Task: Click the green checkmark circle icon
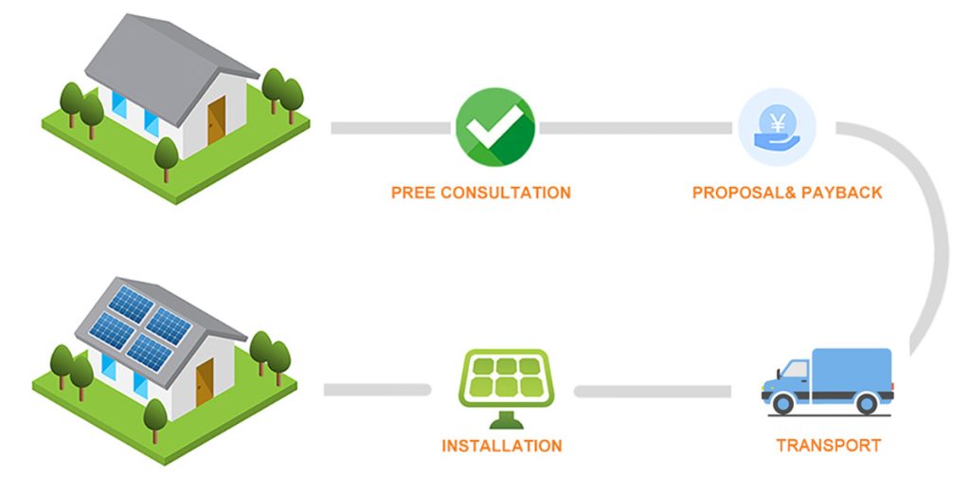coord(494,127)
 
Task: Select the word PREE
coord(412,193)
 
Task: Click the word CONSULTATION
coord(506,193)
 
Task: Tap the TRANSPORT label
coord(828,445)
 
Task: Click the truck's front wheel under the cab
coord(782,403)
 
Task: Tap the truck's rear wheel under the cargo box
coord(866,403)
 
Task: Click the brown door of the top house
coord(217,120)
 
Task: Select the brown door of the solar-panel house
coord(205,383)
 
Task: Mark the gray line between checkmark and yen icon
coord(635,128)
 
